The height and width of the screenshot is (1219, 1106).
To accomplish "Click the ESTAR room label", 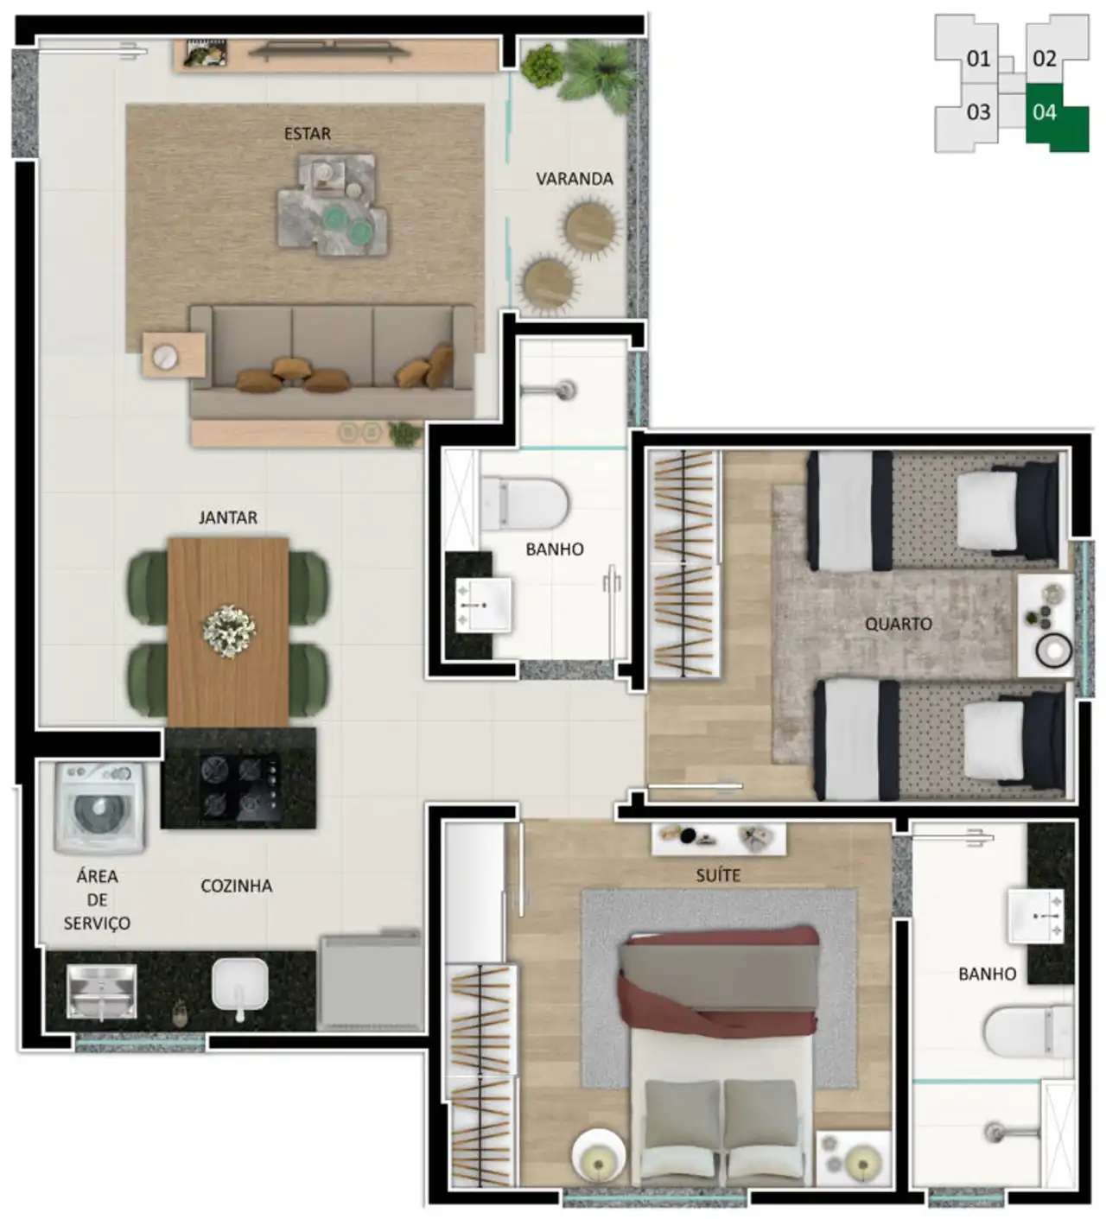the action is click(x=307, y=133).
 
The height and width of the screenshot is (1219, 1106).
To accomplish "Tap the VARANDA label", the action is click(x=574, y=179).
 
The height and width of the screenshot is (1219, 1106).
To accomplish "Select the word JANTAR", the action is click(x=228, y=517).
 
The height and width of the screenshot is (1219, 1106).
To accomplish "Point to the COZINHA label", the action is click(x=237, y=886).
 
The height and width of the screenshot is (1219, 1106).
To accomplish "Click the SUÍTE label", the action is click(x=718, y=875).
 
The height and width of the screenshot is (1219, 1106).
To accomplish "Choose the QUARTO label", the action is click(x=898, y=624).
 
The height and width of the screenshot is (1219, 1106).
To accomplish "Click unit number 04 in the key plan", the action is click(x=1044, y=112).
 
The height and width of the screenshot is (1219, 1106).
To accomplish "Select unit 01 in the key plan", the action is click(x=978, y=59).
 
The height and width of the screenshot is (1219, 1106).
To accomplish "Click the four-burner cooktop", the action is click(x=241, y=787).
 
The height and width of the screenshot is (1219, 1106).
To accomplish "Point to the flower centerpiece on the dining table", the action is click(x=229, y=631).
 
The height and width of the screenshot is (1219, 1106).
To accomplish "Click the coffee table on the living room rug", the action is click(x=334, y=204).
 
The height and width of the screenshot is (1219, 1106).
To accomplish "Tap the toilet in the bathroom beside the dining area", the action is click(x=524, y=503).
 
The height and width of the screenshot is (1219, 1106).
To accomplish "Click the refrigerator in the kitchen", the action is click(x=371, y=981).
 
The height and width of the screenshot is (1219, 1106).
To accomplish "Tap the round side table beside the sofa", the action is click(x=165, y=357).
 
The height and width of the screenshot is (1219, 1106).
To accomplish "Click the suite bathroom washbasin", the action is click(x=1035, y=916).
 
